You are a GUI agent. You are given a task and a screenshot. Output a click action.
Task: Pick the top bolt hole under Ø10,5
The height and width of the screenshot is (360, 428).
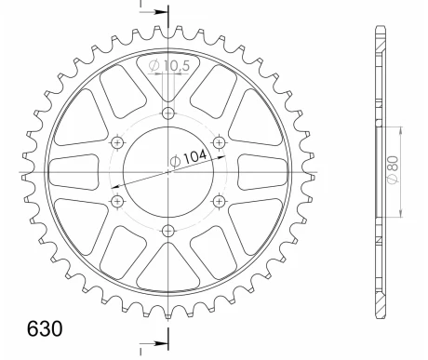click(x=168, y=113)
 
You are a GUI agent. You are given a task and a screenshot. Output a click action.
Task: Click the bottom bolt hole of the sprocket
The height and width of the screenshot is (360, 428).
click(x=168, y=230)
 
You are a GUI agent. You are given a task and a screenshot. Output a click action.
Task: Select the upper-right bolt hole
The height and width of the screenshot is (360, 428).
click(x=219, y=142)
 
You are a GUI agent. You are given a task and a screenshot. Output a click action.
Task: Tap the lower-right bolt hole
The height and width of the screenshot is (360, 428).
click(x=219, y=201)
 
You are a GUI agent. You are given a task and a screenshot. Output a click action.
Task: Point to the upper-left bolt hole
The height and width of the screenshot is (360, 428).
click(x=118, y=142)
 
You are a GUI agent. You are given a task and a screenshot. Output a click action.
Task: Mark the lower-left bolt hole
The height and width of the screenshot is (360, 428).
click(x=118, y=201)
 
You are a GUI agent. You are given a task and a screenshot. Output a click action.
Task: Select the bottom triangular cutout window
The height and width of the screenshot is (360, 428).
click(x=168, y=274)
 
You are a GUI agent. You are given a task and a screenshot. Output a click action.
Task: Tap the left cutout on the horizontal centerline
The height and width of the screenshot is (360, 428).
click(x=73, y=172)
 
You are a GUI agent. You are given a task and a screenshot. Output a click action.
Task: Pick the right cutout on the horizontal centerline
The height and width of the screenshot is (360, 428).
click(x=264, y=172)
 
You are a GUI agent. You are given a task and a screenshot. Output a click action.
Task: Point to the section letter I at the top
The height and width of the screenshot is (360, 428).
click(x=142, y=6)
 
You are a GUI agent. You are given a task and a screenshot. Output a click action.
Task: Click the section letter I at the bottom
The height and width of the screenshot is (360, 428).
click(x=142, y=352)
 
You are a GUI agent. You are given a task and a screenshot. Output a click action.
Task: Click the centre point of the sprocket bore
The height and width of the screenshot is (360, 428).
click(x=168, y=172)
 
